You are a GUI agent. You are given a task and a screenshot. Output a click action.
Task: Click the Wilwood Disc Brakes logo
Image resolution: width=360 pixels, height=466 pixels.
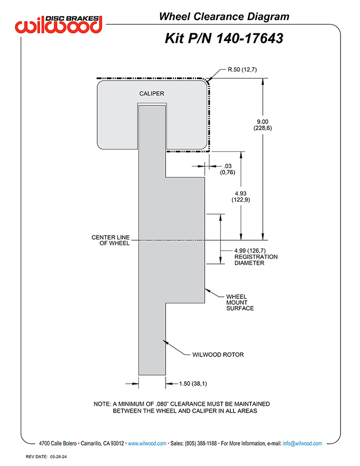(x=59, y=24)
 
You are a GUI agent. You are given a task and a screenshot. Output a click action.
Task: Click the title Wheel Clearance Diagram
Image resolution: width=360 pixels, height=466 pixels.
(x=224, y=16)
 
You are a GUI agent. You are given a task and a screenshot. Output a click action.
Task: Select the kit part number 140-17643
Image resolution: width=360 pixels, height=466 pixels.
(x=249, y=39)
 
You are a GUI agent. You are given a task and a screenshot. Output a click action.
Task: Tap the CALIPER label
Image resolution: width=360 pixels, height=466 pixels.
(x=152, y=94)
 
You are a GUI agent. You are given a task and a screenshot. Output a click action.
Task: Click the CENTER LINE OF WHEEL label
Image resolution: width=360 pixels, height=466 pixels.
(x=111, y=240)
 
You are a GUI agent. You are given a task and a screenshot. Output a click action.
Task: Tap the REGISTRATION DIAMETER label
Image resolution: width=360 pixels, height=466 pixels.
(x=256, y=260)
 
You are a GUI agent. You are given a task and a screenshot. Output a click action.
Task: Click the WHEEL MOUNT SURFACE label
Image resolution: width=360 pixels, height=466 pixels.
(x=240, y=302)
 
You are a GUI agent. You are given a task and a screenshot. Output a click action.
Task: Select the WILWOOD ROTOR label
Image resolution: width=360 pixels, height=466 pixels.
(x=218, y=354)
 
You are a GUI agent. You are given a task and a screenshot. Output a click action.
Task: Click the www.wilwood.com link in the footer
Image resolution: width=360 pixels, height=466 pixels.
(x=147, y=443)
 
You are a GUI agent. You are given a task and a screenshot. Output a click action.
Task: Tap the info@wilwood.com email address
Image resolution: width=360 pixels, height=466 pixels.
(x=302, y=443)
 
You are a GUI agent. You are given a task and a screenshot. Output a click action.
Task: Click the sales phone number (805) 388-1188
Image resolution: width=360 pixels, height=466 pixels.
(x=201, y=443)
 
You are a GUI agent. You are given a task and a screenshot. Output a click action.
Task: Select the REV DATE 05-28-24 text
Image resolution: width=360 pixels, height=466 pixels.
(x=46, y=457)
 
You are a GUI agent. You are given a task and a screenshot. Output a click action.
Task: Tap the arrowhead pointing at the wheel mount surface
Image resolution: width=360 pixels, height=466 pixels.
(x=207, y=290)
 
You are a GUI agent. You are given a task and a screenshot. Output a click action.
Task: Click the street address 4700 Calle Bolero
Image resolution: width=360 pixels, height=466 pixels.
(x=58, y=443)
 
